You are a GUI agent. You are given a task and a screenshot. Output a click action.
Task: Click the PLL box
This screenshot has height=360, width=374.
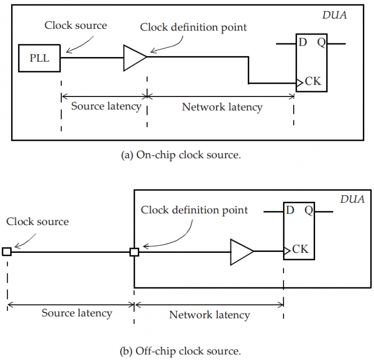tap(39, 57)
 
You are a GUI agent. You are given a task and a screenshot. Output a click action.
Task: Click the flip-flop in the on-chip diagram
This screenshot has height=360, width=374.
tap(312, 62)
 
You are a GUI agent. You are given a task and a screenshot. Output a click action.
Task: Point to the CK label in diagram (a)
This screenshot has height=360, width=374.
tap(313, 81)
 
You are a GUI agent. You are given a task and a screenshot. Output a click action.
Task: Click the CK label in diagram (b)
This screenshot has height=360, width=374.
tap(300, 249)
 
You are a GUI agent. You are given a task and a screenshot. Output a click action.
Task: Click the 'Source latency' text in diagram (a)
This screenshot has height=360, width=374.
tap(106, 106)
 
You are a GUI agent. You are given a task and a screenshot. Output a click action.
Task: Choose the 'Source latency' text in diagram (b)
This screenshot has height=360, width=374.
tap(76, 313)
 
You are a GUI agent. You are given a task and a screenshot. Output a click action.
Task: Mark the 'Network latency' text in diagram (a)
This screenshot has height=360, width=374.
tap(222, 107)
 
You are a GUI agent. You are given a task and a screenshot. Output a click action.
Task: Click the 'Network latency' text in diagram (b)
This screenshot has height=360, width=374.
tap(209, 314)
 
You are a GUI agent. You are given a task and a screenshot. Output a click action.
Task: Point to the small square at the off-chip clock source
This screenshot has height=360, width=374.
tap(7, 251)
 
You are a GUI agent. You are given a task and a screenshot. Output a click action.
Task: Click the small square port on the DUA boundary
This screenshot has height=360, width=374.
tap(134, 252)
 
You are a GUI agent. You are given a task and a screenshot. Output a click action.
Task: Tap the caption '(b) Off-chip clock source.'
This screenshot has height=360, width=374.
tap(187, 350)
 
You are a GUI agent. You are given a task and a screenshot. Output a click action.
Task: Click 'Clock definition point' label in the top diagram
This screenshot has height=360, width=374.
tap(193, 27)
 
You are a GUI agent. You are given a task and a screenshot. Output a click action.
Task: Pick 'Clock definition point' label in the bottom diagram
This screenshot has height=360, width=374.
tap(194, 210)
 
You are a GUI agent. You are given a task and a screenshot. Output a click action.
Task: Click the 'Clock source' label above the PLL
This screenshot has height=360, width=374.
tap(75, 25)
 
